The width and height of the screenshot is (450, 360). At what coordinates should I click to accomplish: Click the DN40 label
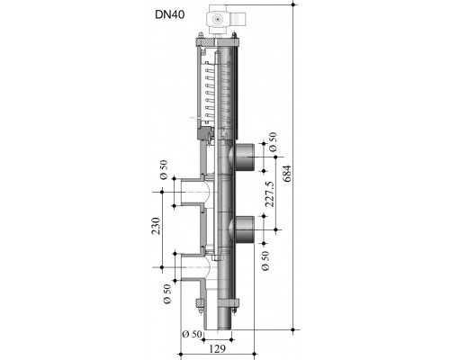(169, 14)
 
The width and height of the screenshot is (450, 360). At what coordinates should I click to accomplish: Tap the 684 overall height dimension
(287, 174)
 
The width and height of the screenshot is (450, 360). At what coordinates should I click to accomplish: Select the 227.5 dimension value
(270, 193)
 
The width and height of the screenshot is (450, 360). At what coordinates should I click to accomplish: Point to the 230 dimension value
(157, 226)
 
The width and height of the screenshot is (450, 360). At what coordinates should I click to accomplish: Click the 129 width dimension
(217, 349)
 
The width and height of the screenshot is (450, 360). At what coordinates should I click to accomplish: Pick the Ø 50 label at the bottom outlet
(192, 334)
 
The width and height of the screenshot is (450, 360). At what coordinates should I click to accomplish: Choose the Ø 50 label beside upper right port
(273, 142)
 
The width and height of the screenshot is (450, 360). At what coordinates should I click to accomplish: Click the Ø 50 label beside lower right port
(265, 261)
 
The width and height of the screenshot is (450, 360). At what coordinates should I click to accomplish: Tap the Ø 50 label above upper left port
(164, 170)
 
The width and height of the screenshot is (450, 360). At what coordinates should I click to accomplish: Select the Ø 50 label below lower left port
(167, 293)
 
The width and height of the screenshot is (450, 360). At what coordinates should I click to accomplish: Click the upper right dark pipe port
(243, 157)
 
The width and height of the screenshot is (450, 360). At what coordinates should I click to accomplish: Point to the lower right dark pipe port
(243, 229)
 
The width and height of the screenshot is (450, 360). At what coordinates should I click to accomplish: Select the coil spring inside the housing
(210, 92)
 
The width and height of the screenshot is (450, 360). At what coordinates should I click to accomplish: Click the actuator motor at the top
(228, 20)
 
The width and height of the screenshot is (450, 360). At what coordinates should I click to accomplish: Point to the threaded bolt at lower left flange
(200, 306)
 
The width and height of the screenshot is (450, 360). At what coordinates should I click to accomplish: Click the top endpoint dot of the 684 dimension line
(294, 4)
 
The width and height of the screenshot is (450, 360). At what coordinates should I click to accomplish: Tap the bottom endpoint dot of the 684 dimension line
(294, 329)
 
